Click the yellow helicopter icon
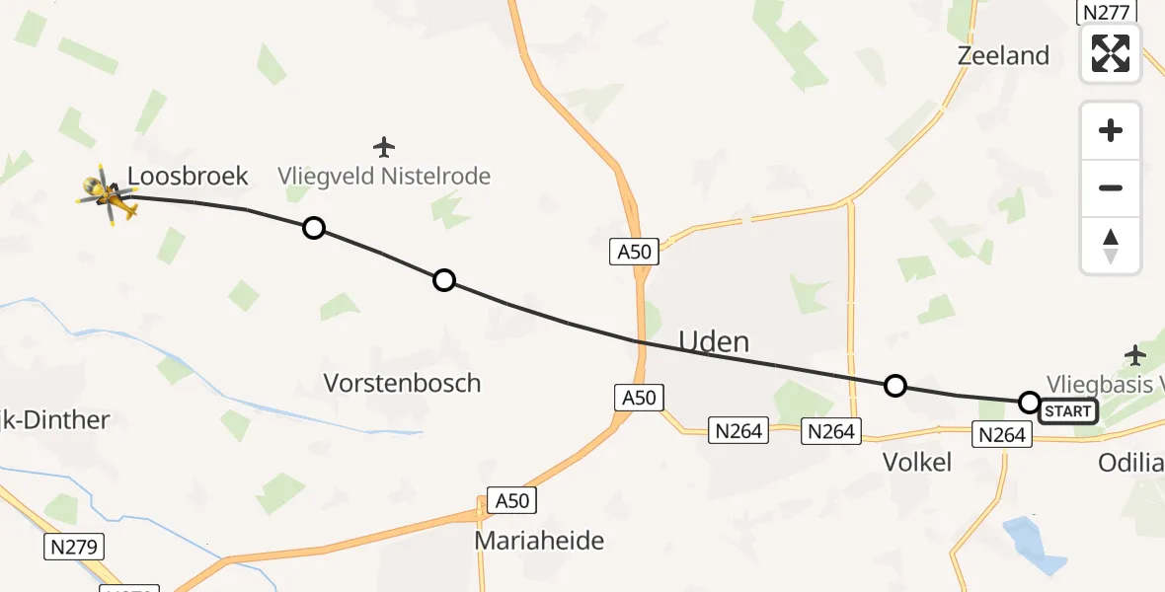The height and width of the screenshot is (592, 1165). click(x=107, y=194)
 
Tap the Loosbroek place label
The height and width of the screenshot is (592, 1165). click(x=188, y=177)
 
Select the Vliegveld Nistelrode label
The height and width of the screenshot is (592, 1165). click(x=384, y=178)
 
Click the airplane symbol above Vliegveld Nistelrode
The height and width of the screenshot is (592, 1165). click(x=384, y=148)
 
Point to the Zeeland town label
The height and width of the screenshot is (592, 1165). click(x=1003, y=56)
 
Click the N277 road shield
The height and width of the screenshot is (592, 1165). click(x=1106, y=12)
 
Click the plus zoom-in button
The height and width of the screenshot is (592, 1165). click(x=1111, y=130)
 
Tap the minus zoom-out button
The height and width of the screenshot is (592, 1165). click(x=1111, y=187)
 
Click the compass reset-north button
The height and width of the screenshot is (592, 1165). click(x=1111, y=245)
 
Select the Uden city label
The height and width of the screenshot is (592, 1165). click(x=713, y=342)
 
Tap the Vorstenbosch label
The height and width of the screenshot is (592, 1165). click(x=403, y=383)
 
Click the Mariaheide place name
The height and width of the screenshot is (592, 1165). click(x=539, y=541)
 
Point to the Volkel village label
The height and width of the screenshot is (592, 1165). click(x=917, y=462)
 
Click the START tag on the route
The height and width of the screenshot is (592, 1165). click(x=1067, y=411)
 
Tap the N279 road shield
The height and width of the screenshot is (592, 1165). click(x=75, y=547)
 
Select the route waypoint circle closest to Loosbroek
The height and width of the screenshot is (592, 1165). click(x=313, y=228)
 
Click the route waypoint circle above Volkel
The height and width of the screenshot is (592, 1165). click(x=894, y=385)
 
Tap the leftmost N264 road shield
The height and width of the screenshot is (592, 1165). click(x=738, y=430)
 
